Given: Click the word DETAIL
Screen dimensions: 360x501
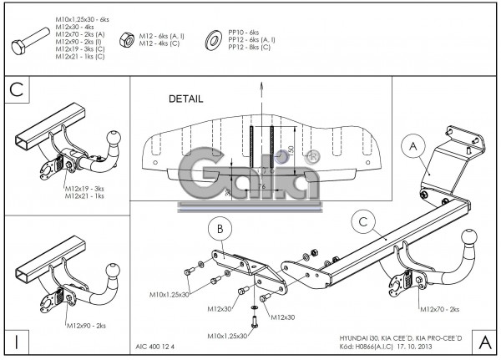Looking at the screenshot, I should point(185,99).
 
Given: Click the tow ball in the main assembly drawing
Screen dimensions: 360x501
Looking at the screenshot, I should point(463,238).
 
